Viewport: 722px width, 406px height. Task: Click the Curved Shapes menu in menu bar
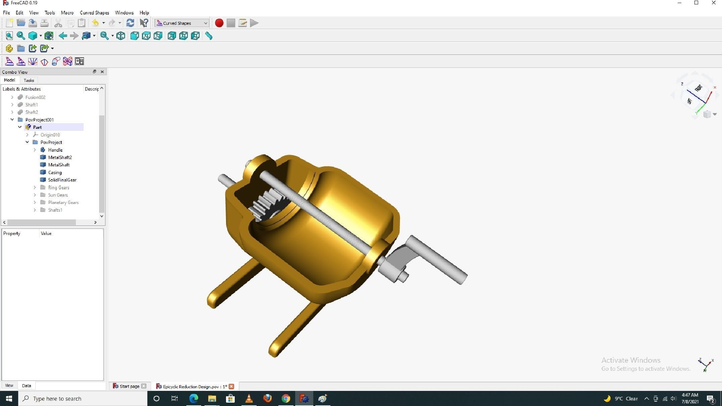click(x=94, y=13)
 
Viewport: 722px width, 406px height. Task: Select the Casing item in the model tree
click(x=55, y=172)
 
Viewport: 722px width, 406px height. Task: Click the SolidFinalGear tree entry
click(x=62, y=180)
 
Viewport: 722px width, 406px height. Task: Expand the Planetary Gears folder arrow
click(x=35, y=202)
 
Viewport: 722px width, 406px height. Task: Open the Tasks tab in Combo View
click(x=29, y=80)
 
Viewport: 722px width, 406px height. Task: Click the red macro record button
click(x=219, y=23)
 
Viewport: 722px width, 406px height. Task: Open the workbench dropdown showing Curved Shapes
click(x=182, y=23)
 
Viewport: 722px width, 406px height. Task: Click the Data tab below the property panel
click(x=27, y=386)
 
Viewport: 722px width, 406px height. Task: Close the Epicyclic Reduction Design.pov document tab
click(x=231, y=386)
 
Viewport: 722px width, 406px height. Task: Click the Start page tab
click(x=129, y=386)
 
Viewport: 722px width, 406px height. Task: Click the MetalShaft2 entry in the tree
click(x=60, y=157)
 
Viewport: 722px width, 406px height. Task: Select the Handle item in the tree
click(x=55, y=150)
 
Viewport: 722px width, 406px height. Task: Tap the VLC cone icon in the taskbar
click(x=249, y=399)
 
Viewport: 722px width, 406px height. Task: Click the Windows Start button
click(x=9, y=399)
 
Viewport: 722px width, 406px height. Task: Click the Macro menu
click(x=67, y=13)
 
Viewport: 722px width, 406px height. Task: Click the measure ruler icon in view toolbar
click(x=209, y=36)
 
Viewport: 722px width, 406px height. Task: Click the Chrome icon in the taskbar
click(x=286, y=399)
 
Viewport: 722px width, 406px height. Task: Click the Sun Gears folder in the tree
click(x=58, y=195)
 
